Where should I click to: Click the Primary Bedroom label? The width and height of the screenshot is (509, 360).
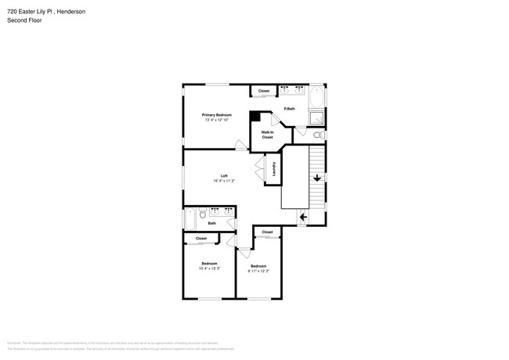point(217,115)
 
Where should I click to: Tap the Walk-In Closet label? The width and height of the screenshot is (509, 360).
point(267,135)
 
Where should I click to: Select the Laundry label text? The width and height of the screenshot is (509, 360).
point(274,169)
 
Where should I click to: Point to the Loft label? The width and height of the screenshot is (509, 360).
point(224,175)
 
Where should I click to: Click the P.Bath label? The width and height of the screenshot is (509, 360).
point(289,109)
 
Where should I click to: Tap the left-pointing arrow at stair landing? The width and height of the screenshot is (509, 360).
point(303,217)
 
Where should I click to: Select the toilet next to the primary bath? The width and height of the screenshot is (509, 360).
point(318,135)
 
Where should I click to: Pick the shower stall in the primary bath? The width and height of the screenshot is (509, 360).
point(316,117)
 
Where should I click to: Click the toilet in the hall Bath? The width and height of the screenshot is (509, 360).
point(202,213)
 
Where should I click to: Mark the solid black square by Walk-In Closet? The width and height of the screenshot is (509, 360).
point(254,117)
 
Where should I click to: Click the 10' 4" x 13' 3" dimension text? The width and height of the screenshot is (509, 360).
point(209,268)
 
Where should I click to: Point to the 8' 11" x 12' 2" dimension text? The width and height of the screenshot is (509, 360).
point(258,271)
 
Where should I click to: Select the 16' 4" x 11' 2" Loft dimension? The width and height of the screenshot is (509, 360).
point(224,181)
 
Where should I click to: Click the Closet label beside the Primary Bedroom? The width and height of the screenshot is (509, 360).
point(264,92)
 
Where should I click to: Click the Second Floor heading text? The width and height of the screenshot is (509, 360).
point(24,20)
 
